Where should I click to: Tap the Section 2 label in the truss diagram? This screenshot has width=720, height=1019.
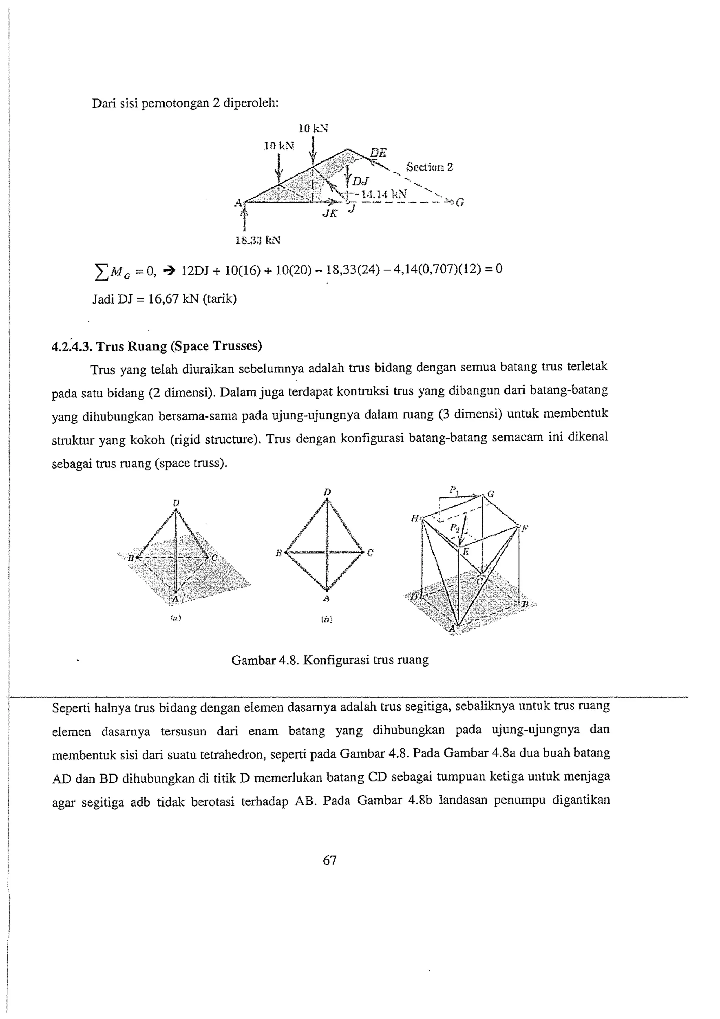429,167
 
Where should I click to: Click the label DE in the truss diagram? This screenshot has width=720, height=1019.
378,153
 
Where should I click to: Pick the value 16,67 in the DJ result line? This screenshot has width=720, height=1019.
162,299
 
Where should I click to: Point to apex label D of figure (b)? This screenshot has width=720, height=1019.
327,492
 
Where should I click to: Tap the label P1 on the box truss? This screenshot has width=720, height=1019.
454,490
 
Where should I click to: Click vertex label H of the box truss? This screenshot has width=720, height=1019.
415,518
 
